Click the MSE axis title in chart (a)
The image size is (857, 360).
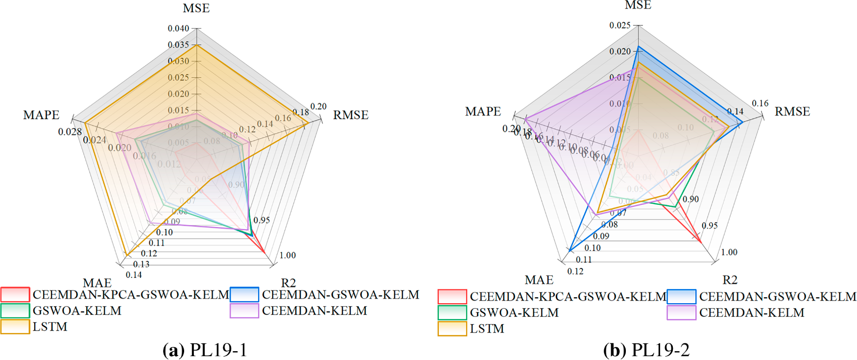tap(196, 8)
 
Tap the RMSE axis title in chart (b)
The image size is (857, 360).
tap(792, 112)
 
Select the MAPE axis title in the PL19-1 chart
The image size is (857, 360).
tap(41, 115)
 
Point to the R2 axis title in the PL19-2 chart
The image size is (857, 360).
tap(730, 280)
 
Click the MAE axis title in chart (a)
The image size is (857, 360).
tap(97, 283)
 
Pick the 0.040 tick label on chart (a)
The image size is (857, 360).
tap(178, 28)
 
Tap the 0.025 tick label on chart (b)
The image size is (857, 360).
tap(619, 25)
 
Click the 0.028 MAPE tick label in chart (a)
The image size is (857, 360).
tap(70, 132)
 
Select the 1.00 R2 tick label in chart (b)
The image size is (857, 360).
tap(729, 252)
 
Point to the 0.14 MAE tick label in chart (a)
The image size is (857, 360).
tap(134, 275)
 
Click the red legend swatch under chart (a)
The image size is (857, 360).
tap(15, 294)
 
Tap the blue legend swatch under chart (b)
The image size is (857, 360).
tap(681, 296)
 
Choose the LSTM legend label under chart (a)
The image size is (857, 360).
tap(50, 327)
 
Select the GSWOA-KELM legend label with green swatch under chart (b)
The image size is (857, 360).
tap(514, 312)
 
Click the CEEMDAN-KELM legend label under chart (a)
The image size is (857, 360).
tap(314, 311)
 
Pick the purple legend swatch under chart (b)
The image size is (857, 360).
tap(681, 312)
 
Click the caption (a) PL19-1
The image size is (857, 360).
tap(205, 350)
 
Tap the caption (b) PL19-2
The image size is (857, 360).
tap(646, 350)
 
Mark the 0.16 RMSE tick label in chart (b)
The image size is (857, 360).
tap(760, 103)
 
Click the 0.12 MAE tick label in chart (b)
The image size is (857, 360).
tap(575, 271)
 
